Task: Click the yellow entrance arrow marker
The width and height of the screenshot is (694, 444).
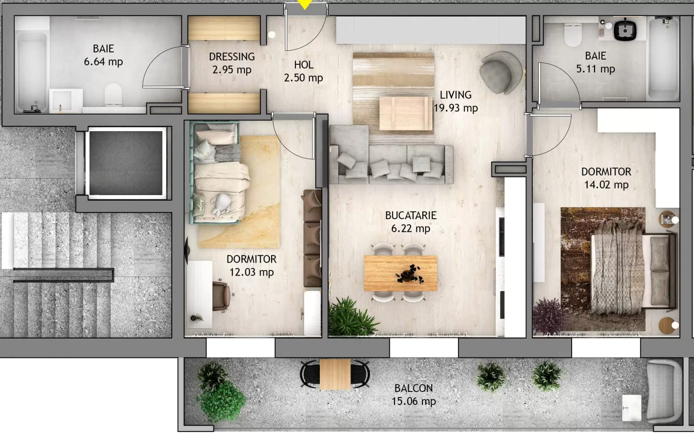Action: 305,4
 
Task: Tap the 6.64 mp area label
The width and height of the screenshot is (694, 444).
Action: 103,62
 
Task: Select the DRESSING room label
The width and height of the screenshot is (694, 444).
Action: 232,57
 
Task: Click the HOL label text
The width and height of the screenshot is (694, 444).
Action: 304,65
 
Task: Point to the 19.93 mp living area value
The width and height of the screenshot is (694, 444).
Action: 456,108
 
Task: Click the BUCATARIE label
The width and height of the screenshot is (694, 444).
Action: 411,216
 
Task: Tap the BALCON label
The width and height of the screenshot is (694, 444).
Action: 413,388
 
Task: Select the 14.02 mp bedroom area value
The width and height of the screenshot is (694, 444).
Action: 606,185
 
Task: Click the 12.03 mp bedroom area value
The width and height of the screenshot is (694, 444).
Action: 252,273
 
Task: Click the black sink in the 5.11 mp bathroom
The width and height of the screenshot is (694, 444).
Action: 625,30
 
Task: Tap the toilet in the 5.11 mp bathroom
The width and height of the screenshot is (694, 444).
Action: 573,35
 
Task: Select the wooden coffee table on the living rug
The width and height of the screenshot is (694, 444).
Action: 406,113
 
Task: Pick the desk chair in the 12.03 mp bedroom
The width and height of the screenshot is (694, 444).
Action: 221,295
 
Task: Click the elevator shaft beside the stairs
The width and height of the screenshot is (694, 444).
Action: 126,163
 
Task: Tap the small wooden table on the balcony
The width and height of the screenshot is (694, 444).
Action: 335,374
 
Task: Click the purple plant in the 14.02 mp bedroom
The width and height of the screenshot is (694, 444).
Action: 549,316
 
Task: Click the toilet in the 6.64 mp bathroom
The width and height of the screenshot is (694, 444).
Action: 113,94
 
